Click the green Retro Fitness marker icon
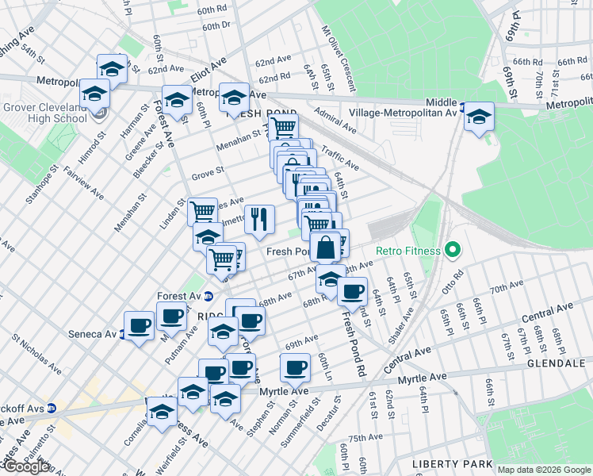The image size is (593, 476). coord(453,251)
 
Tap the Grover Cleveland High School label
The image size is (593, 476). coord(44,113)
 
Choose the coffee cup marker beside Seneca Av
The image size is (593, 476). coord(140,325)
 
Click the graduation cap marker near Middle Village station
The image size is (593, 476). coord(478,116)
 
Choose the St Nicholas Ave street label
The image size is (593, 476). coord(36,354)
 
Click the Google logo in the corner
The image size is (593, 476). coord(25,466)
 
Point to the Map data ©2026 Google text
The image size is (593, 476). coord(544,470)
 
